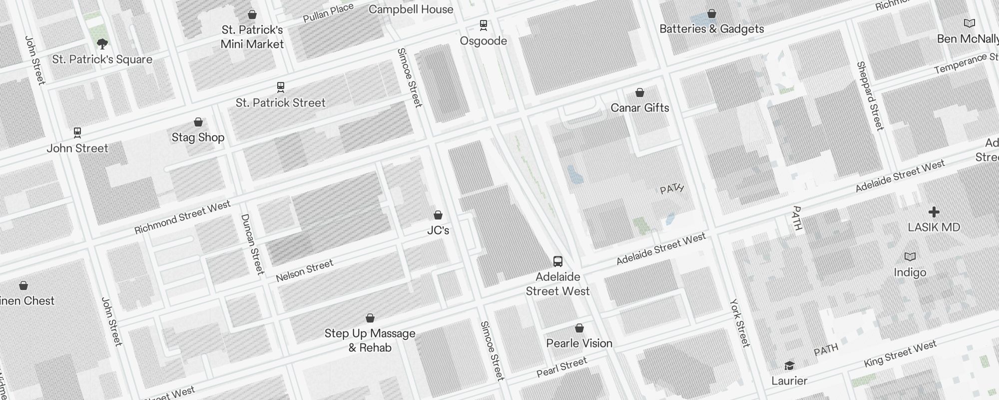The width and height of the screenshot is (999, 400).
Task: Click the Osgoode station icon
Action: tap(483, 24)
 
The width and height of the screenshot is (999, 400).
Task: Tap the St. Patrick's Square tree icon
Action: tap(102, 44)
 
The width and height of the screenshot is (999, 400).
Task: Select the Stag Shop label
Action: tap(198, 137)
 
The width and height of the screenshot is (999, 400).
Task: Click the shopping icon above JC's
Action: tap(438, 215)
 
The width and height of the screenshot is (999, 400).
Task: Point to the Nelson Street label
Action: tap(304, 270)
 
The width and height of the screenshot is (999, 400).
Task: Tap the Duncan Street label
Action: tap(252, 244)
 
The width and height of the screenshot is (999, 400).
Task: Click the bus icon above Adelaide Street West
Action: tap(557, 261)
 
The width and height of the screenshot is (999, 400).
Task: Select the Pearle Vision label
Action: tap(579, 343)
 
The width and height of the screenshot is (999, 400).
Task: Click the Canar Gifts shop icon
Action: tap(639, 92)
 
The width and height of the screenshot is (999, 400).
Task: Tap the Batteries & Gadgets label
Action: tap(711, 28)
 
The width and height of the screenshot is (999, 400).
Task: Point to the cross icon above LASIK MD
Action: tap(934, 212)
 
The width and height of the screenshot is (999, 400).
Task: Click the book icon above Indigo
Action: tap(910, 257)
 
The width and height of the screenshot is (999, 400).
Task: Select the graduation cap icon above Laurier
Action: tap(789, 365)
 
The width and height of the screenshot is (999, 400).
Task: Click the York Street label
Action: tap(739, 322)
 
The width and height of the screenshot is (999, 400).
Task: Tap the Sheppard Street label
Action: tap(870, 96)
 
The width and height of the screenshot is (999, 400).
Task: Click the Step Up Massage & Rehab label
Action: tap(370, 340)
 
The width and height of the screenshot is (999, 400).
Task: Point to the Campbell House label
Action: tap(411, 9)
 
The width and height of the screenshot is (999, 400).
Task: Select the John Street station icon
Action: tap(77, 132)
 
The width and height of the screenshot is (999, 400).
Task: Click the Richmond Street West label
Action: tap(182, 217)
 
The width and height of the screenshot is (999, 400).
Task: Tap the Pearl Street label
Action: tap(561, 367)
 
